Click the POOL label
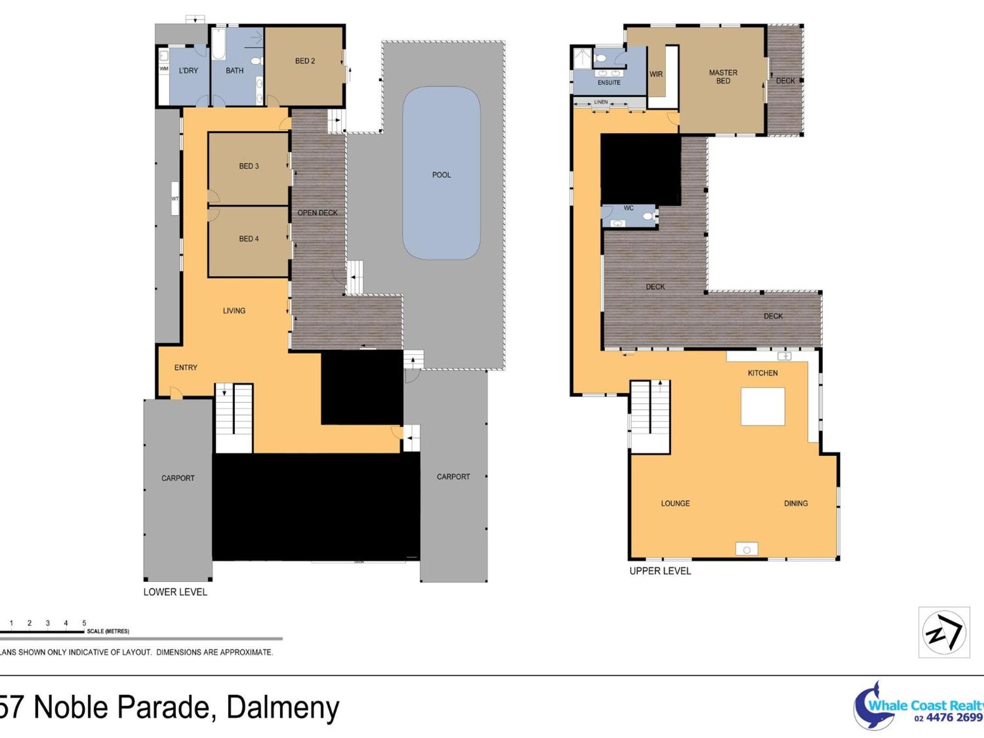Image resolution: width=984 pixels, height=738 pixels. (x=442, y=175)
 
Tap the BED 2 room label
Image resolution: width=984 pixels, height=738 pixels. (x=305, y=61)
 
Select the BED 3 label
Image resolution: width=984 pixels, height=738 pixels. (x=249, y=166)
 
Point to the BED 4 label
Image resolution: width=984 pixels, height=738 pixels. (x=249, y=239)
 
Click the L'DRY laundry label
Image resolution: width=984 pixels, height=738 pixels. (x=188, y=71)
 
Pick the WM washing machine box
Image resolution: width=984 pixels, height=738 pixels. (x=164, y=69)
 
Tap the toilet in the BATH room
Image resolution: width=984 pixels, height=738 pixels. (x=257, y=61)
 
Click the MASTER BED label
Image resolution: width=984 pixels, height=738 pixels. (x=723, y=77)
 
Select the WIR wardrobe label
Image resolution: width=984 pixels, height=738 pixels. (x=656, y=74)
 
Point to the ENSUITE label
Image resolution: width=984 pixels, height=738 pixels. (x=609, y=83)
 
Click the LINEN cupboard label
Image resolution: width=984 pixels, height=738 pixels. (x=601, y=102)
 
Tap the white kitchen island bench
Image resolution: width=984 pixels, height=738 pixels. (x=763, y=406)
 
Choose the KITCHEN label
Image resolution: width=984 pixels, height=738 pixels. (x=763, y=373)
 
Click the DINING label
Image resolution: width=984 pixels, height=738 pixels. (x=796, y=504)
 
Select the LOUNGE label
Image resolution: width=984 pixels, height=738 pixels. (x=675, y=504)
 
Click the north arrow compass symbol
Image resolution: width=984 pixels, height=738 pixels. (x=944, y=632)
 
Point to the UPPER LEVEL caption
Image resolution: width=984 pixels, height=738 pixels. (x=660, y=571)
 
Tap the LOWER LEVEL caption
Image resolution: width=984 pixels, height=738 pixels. (x=175, y=592)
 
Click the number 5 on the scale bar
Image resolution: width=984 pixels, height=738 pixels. (x=84, y=623)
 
